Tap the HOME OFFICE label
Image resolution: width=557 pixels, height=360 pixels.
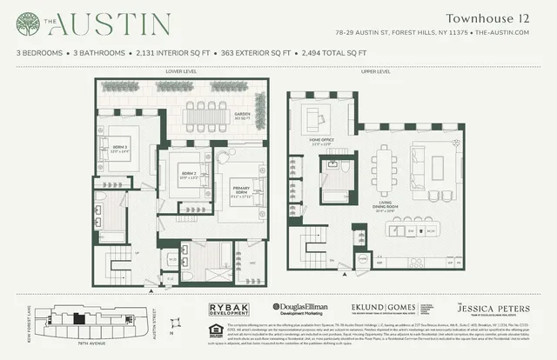[x=322, y=145]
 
